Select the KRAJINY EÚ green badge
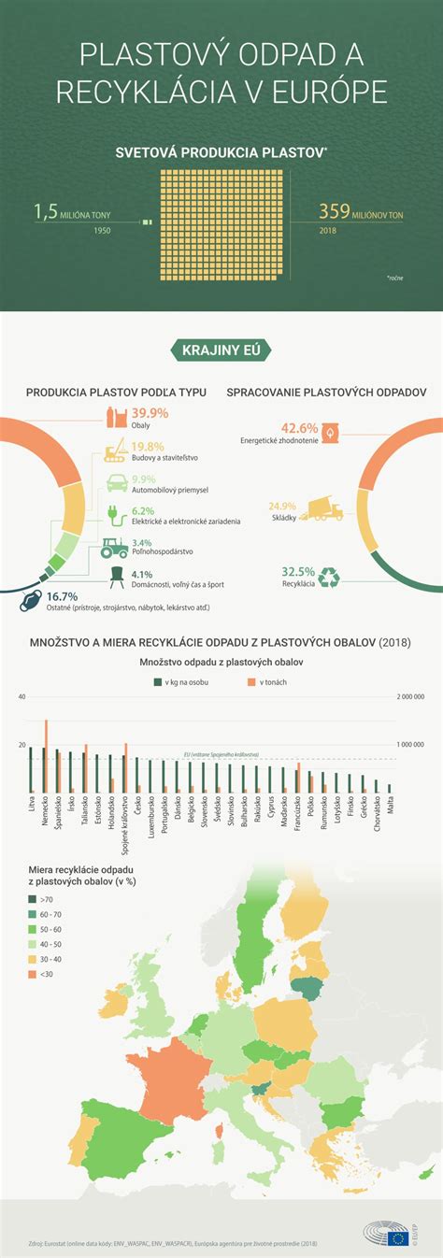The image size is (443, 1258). (x=221, y=350)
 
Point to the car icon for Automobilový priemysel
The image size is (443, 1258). (x=116, y=483)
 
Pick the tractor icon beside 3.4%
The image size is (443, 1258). (x=114, y=547)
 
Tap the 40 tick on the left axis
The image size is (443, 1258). (x=21, y=696)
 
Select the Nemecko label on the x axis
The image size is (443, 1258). (x=45, y=812)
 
